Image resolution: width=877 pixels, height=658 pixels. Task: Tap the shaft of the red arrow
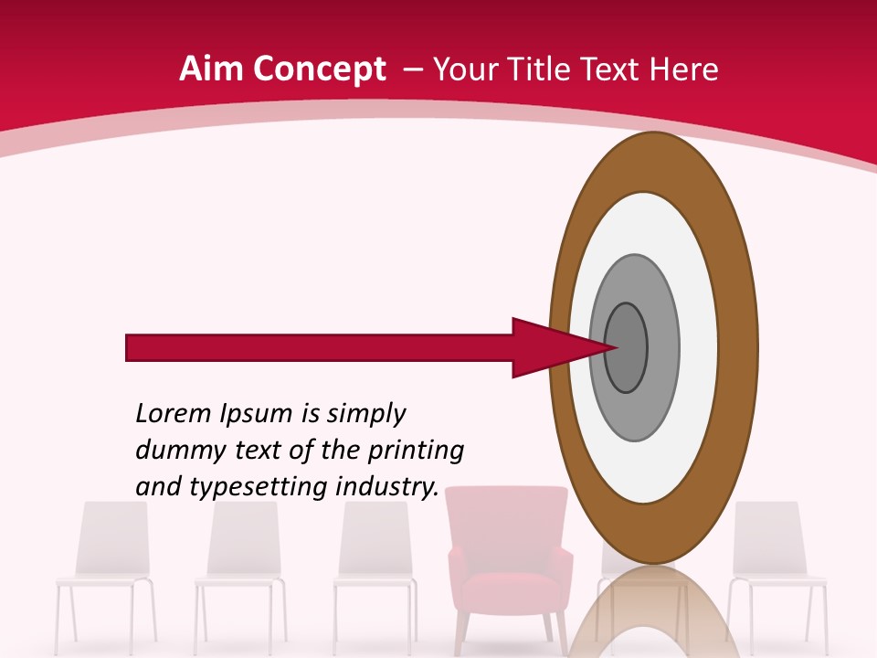[320, 348]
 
